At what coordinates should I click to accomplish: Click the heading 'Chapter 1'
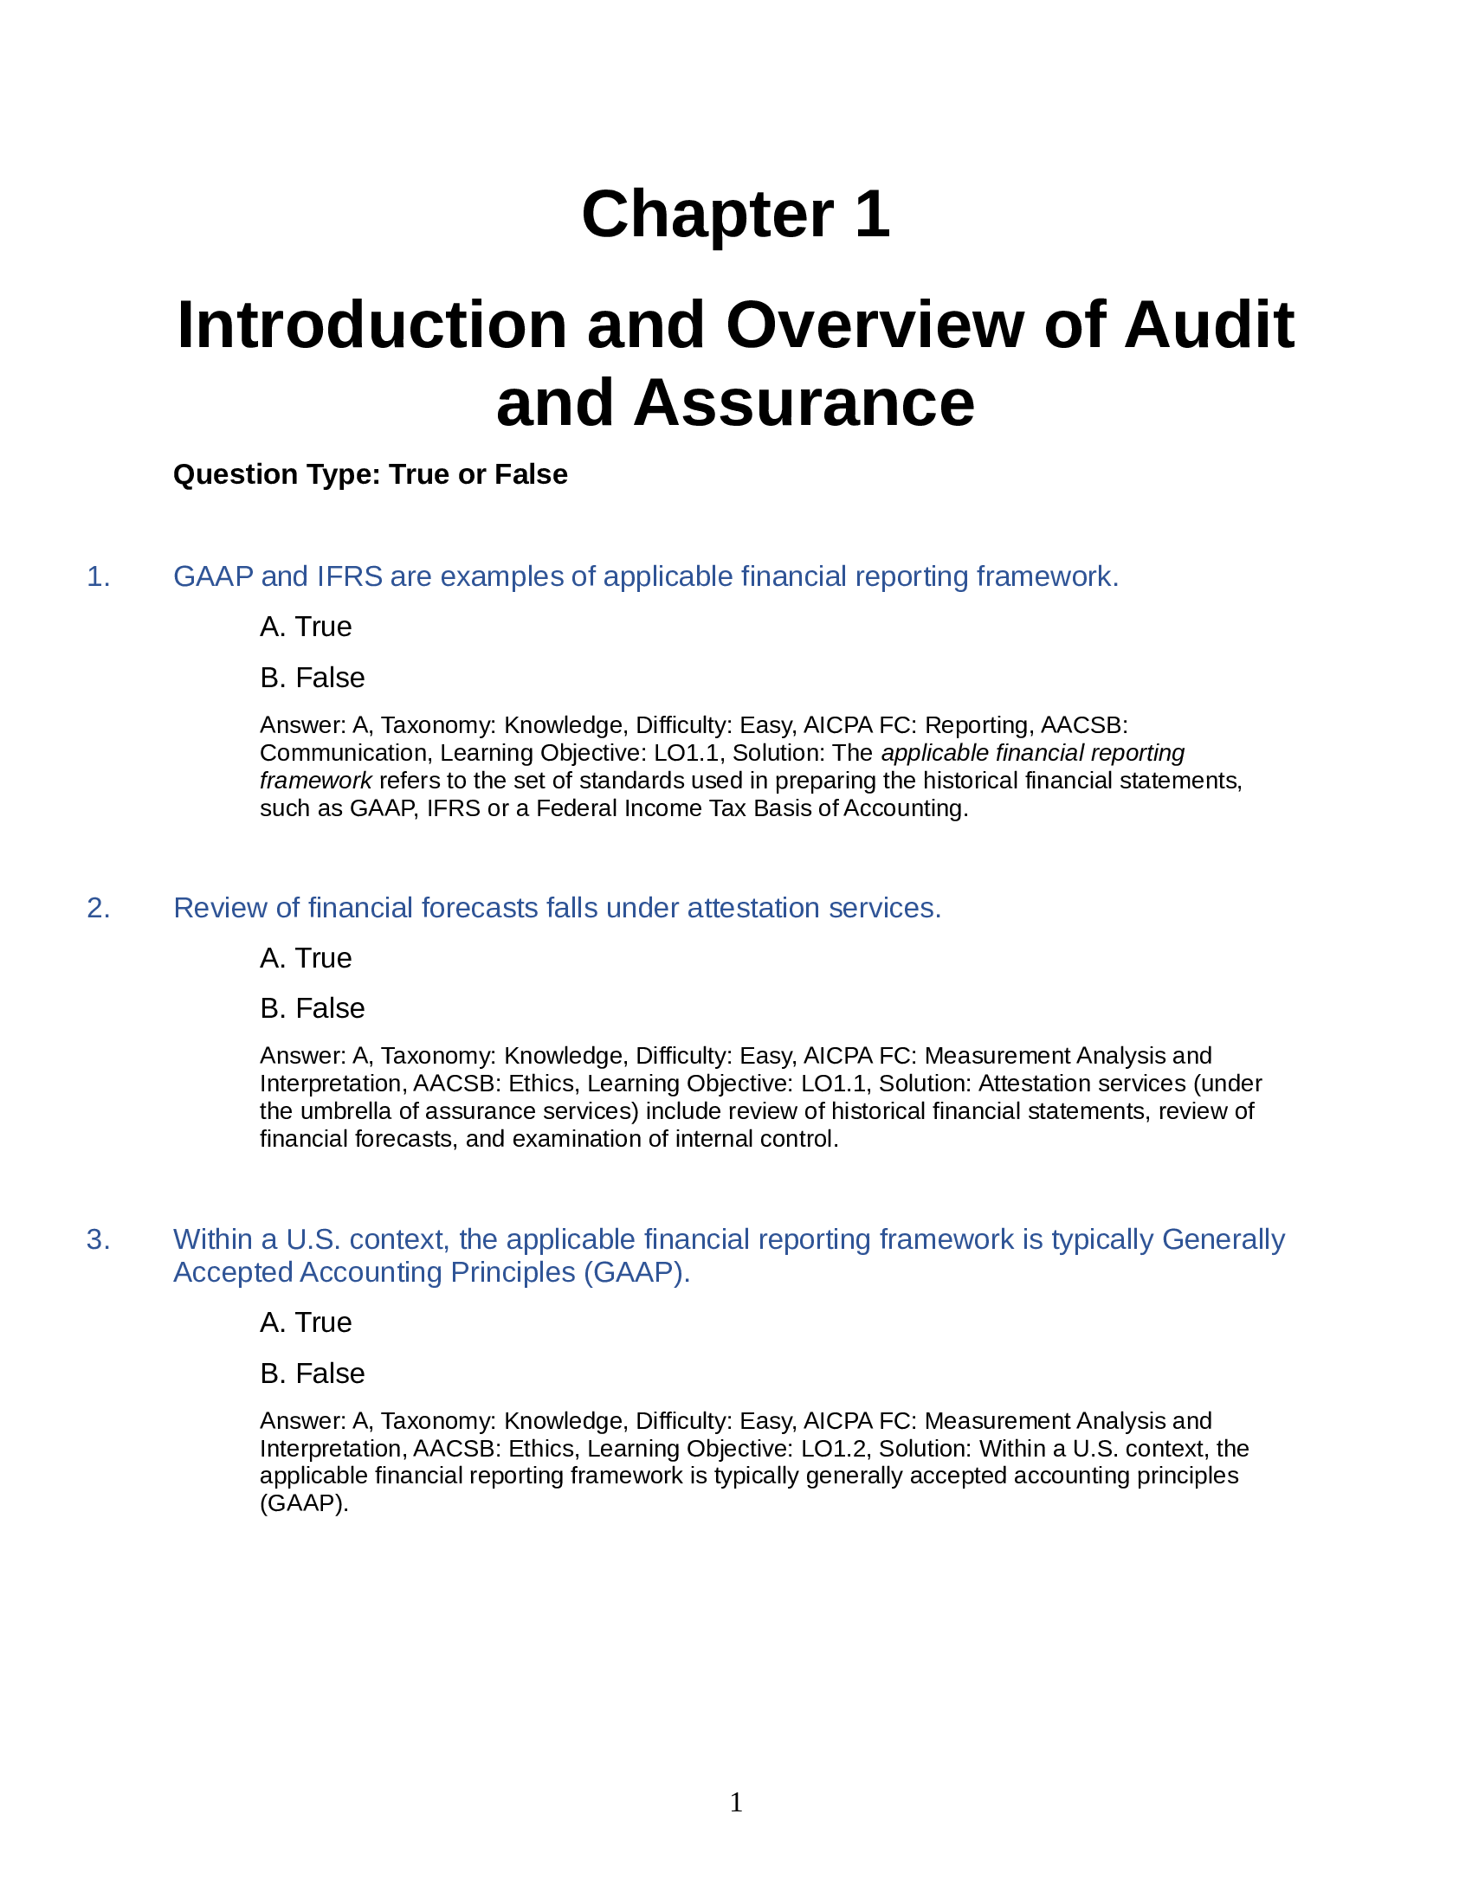tap(735, 215)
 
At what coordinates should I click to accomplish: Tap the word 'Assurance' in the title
tap(804, 403)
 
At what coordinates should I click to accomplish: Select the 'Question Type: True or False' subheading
tap(370, 474)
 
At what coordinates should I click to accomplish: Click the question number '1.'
tap(99, 577)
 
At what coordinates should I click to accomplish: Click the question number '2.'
tap(99, 909)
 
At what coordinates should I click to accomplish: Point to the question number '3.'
tap(99, 1239)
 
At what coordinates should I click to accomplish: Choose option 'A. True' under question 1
tap(305, 627)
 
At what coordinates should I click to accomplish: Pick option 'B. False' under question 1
tap(313, 678)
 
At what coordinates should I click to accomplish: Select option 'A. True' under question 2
tap(305, 958)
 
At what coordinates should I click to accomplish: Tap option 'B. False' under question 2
tap(313, 1008)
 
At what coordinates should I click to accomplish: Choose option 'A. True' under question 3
tap(305, 1322)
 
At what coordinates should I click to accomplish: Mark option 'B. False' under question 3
tap(313, 1373)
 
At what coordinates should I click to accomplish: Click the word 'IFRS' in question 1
tap(349, 577)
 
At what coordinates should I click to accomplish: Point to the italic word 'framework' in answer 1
tap(316, 781)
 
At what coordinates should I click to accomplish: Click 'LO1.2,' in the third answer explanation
tap(829, 1449)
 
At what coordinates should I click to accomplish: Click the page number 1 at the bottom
tap(736, 1802)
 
